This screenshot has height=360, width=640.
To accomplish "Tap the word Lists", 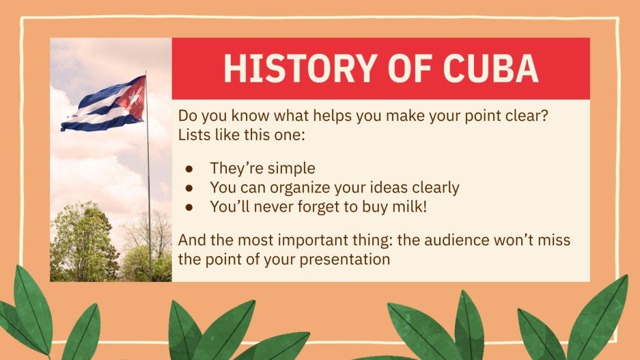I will point(194,134).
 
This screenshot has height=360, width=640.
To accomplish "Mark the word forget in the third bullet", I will point(322,206).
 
